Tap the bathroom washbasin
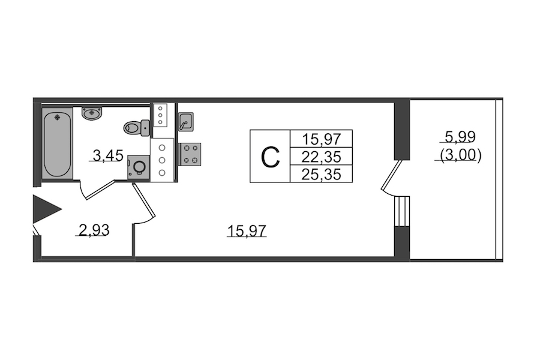[92, 113]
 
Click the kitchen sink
[185, 122]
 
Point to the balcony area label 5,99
[460, 136]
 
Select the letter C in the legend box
[271, 157]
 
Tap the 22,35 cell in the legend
[320, 157]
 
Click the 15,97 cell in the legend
[320, 140]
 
